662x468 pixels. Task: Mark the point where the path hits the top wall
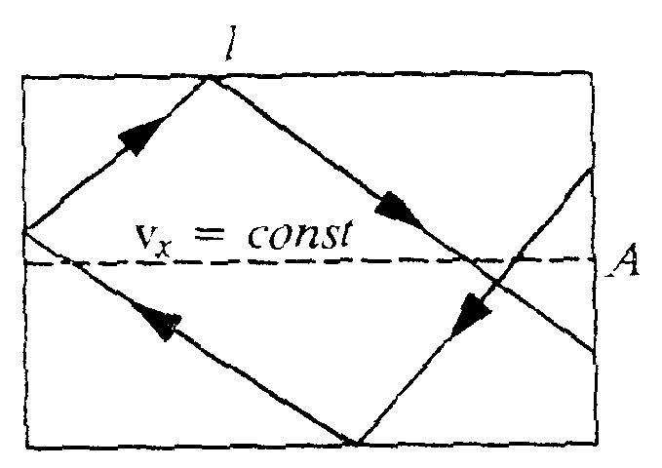coord(210,77)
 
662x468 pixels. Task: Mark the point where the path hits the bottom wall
coord(355,445)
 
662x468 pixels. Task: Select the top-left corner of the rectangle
coord(23,75)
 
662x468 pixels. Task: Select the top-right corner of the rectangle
coord(594,73)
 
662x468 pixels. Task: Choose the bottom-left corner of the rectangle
coord(25,448)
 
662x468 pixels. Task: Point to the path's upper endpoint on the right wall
coord(593,167)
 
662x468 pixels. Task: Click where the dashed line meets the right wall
coord(594,259)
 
